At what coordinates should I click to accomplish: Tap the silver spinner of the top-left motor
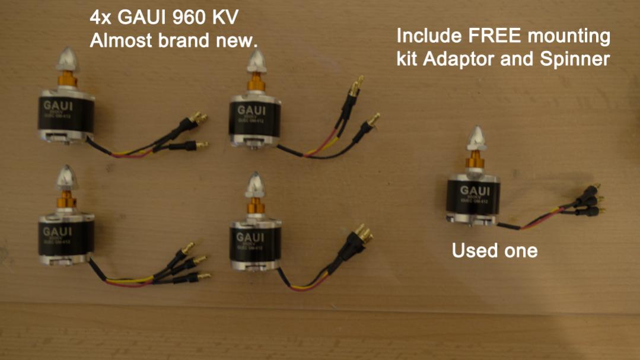(x=66, y=59)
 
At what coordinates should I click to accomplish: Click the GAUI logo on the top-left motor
(x=58, y=106)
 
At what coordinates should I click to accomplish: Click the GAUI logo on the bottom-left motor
(x=56, y=231)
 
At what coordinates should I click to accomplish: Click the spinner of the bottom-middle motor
(x=256, y=184)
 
